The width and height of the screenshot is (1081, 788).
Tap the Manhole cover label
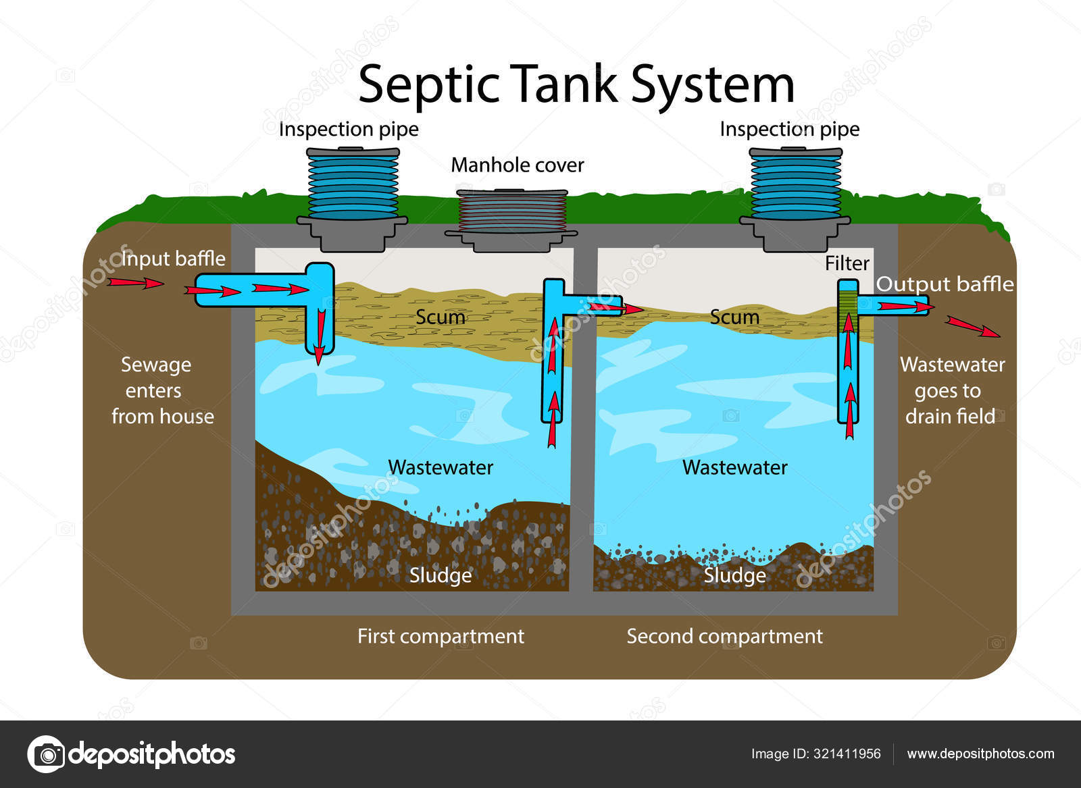(x=517, y=165)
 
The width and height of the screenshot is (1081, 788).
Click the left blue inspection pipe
(x=353, y=184)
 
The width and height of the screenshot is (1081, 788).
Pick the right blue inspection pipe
(x=795, y=184)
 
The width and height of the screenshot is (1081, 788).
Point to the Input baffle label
(x=174, y=259)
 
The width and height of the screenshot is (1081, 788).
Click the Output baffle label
(x=945, y=284)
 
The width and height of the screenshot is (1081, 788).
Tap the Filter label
(x=847, y=263)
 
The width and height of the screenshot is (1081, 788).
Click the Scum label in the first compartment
(x=440, y=317)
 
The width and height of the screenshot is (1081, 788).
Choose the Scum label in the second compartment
(x=734, y=317)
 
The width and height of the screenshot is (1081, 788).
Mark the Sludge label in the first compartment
(x=441, y=575)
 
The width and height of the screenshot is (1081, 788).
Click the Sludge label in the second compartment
(x=734, y=575)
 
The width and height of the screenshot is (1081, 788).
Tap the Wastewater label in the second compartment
(x=734, y=467)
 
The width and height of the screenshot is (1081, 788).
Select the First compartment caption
(x=441, y=636)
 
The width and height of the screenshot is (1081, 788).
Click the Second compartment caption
(x=724, y=636)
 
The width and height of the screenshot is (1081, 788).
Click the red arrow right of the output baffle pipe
(x=973, y=327)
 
